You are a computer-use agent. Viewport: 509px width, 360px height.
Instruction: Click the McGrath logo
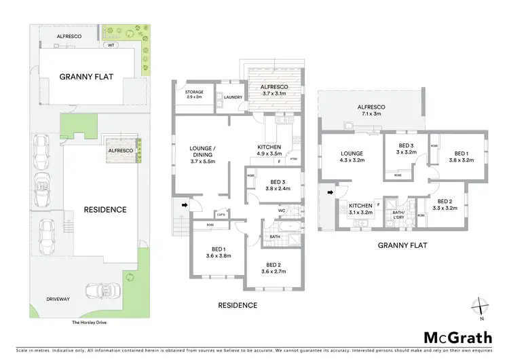point(459,338)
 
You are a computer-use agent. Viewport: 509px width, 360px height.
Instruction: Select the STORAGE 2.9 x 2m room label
point(195,95)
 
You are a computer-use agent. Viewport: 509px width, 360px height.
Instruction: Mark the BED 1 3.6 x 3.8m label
point(219,253)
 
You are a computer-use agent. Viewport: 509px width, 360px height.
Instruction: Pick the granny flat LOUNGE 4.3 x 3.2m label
point(352,157)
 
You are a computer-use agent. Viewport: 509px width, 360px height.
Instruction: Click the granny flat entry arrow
point(331,193)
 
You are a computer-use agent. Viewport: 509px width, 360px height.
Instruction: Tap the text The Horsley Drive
point(70,322)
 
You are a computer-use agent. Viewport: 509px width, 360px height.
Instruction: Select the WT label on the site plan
point(111,46)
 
